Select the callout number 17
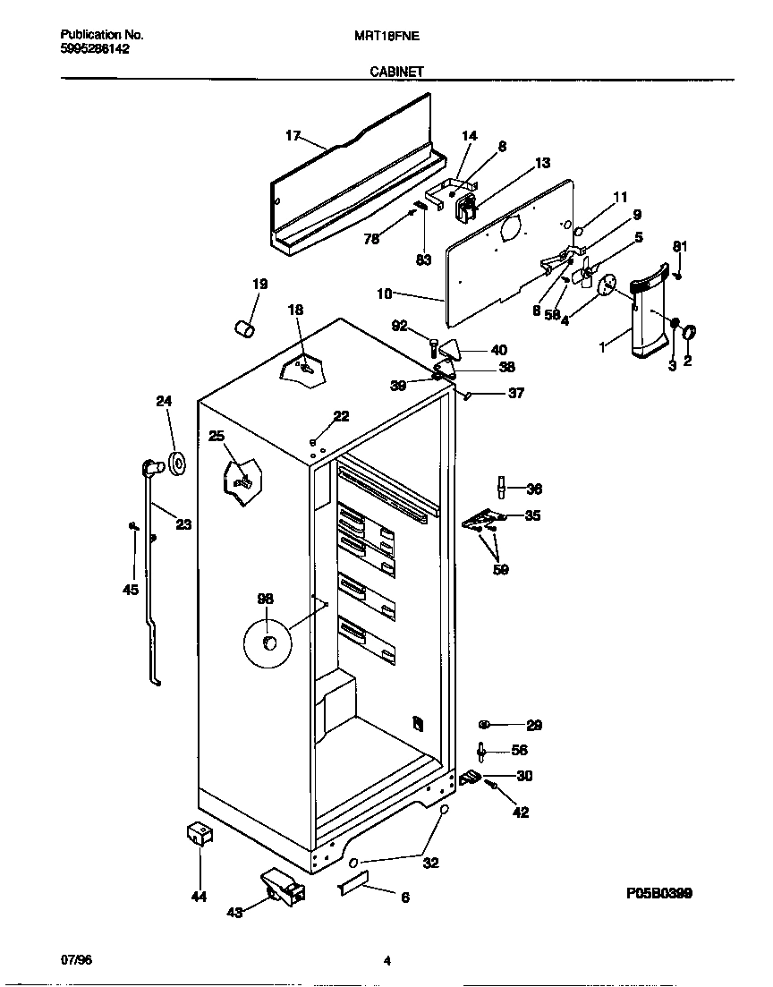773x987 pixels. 293,136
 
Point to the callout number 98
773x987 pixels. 266,600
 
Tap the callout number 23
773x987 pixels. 183,525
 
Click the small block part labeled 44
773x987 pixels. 198,835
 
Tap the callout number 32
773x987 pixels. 430,864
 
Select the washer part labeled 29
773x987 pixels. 484,724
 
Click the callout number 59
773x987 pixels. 501,569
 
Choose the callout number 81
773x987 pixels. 680,247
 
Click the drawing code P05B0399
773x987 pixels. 658,893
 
